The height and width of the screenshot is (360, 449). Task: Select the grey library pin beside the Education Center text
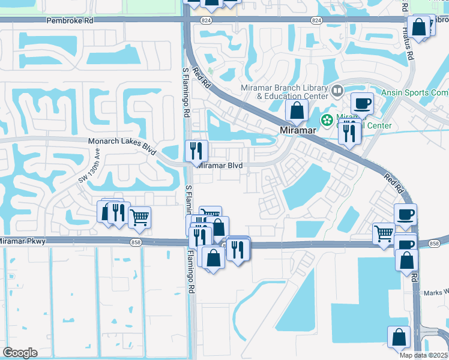click(337, 92)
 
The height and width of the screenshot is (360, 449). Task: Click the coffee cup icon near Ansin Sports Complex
click(362, 103)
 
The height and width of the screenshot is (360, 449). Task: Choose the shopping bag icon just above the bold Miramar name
click(297, 110)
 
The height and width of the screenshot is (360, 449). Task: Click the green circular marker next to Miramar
click(327, 120)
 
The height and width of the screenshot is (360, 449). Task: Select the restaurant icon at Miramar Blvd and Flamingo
click(196, 151)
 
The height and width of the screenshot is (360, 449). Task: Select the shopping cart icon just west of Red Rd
click(384, 233)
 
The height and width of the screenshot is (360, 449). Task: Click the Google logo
click(20, 352)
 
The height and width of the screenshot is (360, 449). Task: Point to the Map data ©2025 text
click(423, 355)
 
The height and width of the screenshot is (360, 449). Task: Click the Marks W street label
click(436, 293)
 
